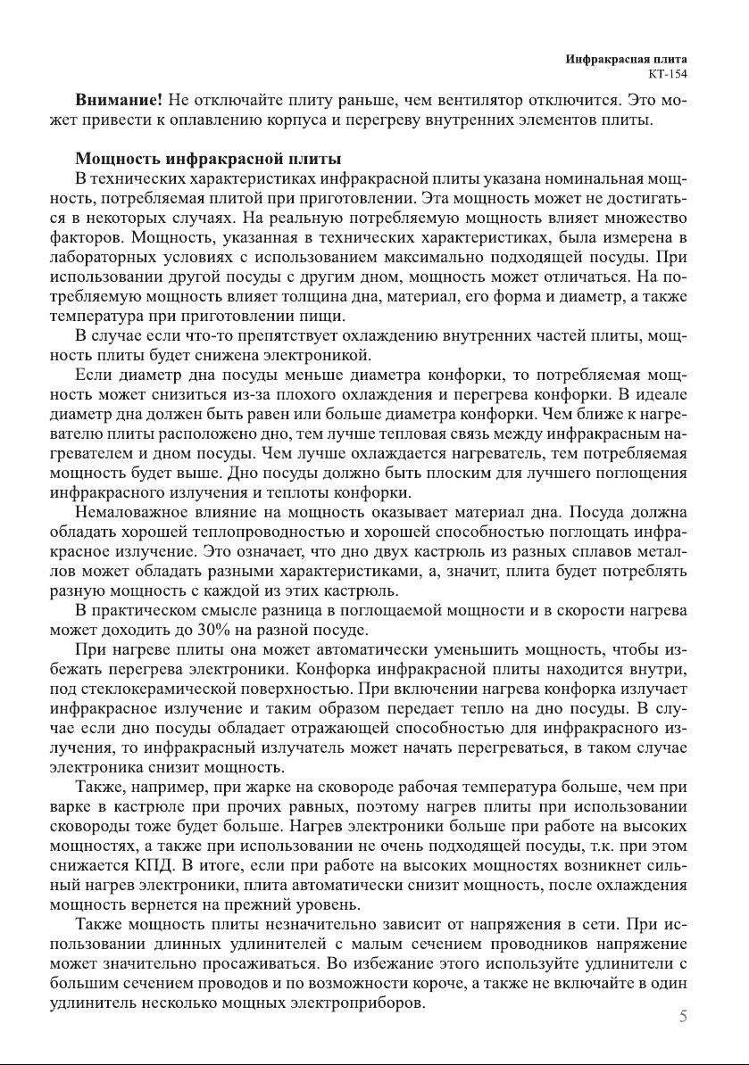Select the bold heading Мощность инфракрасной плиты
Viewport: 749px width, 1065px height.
tap(208, 160)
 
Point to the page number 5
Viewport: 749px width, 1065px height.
tap(683, 1016)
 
